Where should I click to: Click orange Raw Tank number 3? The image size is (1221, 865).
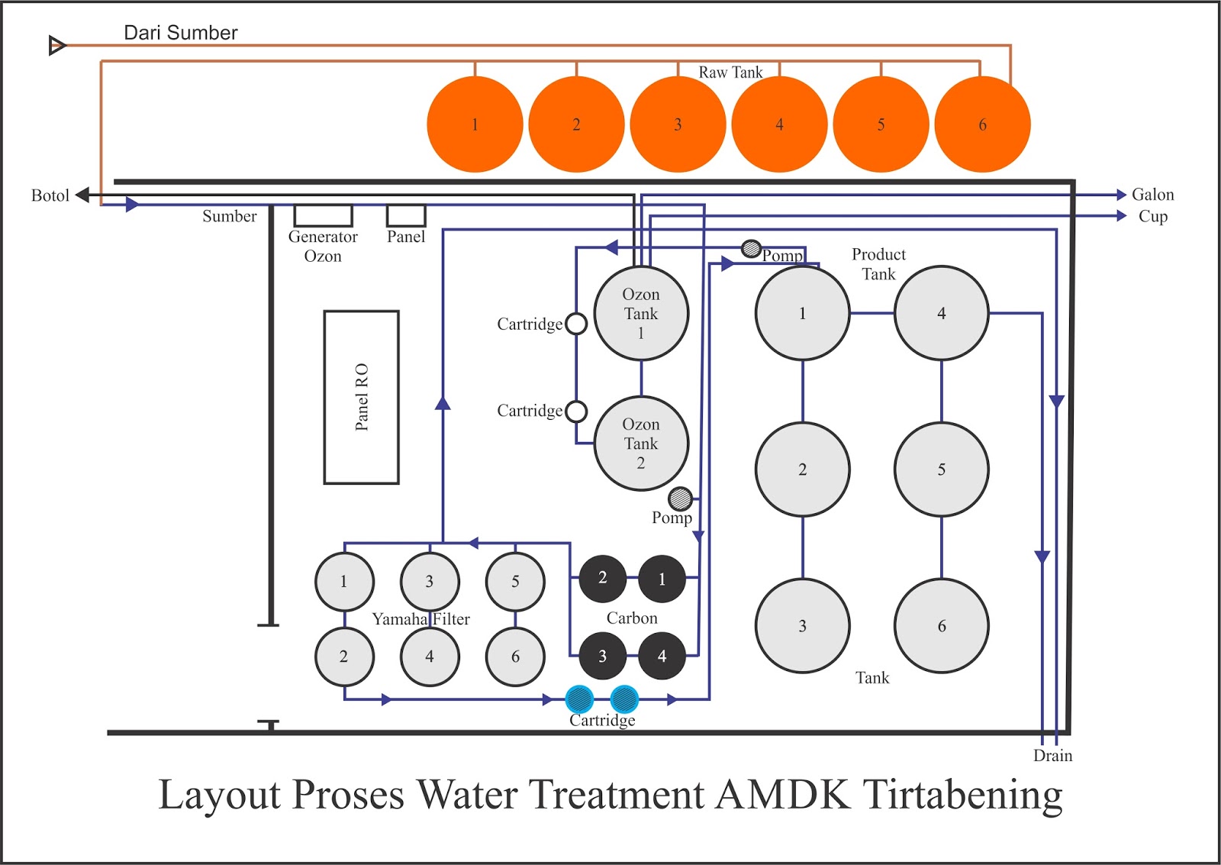tap(678, 124)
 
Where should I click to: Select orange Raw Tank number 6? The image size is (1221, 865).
tap(982, 124)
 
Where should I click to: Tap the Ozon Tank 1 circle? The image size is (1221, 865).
tap(641, 313)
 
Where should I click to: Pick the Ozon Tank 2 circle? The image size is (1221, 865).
tap(641, 444)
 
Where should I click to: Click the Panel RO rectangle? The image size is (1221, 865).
tap(361, 397)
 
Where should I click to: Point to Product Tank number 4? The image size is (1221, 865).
tap(941, 313)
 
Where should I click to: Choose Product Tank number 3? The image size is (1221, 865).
tap(802, 626)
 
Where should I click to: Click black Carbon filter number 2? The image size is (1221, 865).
tap(602, 578)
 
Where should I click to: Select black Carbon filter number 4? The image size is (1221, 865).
tap(662, 656)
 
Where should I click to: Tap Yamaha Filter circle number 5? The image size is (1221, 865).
tap(515, 582)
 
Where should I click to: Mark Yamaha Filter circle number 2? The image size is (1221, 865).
tap(344, 657)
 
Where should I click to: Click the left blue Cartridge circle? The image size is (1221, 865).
tap(579, 699)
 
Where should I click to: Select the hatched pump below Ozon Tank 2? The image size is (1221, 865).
tap(680, 499)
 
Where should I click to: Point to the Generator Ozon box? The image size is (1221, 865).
tap(323, 215)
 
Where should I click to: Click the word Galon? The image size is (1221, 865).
tap(1152, 195)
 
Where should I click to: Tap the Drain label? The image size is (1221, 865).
tap(1052, 756)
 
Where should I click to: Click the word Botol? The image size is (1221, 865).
tap(50, 195)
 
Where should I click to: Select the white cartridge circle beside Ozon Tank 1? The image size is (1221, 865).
tap(576, 324)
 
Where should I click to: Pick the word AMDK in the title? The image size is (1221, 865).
tap(783, 794)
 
